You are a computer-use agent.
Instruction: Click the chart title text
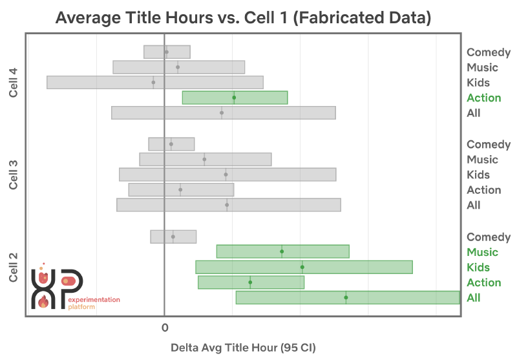coord(243,17)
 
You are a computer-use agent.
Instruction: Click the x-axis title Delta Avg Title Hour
coord(243,347)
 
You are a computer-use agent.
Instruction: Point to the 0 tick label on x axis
coord(164,328)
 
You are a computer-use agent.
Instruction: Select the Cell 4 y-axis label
coord(14,83)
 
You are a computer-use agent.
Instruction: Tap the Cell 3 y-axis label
coord(14,175)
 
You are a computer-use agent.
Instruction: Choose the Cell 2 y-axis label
coord(14,268)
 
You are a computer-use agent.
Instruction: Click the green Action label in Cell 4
coord(483,98)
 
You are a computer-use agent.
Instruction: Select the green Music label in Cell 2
coord(482,252)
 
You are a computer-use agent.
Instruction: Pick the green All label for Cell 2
coord(474,298)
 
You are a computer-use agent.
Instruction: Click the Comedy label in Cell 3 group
coord(489,144)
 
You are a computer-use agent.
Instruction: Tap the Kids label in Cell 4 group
coord(478,83)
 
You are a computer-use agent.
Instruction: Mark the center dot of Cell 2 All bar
coord(346,297)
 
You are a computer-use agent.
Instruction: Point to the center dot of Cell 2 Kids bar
coord(302,267)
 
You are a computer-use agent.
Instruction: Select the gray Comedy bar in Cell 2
coord(173,237)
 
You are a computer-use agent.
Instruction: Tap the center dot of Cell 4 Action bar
coord(234,98)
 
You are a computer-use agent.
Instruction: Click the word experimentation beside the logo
coord(94,300)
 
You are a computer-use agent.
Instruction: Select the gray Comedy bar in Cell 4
coord(167,52)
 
